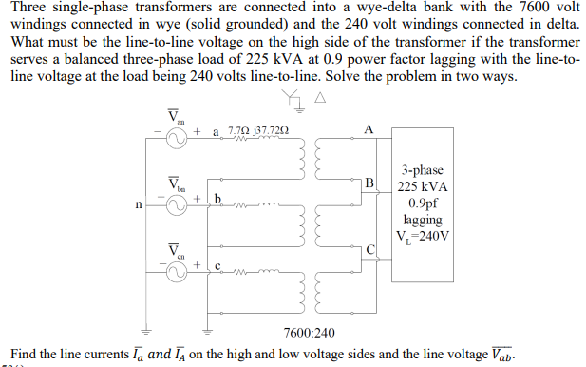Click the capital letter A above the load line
pyautogui.click(x=369, y=129)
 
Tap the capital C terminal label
pyautogui.click(x=371, y=249)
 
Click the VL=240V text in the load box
pyautogui.click(x=424, y=235)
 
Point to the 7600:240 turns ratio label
pyautogui.click(x=308, y=331)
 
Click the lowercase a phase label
pyautogui.click(x=217, y=133)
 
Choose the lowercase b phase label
pyautogui.click(x=217, y=198)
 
